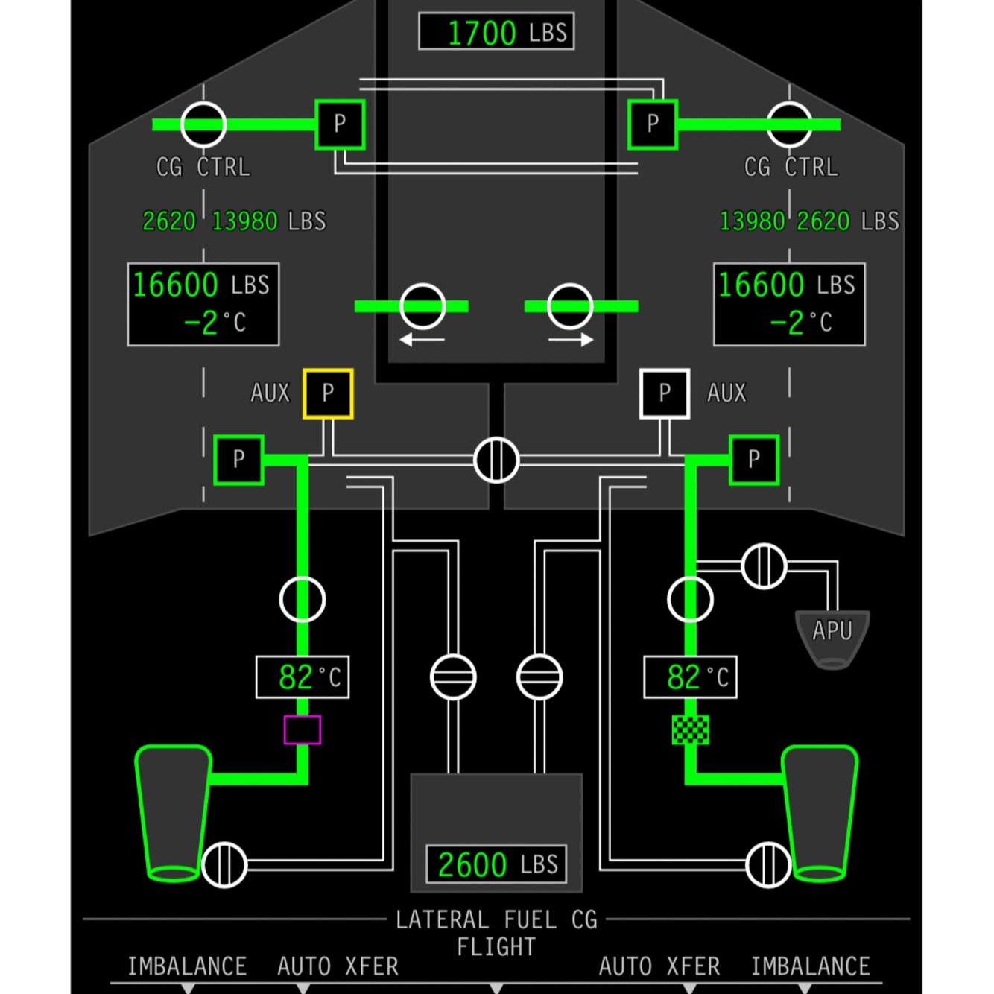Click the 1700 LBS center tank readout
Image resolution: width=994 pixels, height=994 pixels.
tap(496, 32)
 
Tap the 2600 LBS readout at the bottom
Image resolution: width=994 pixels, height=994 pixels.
tap(496, 864)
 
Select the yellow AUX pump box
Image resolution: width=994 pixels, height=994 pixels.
tap(328, 393)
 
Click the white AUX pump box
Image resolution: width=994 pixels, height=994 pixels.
tap(665, 393)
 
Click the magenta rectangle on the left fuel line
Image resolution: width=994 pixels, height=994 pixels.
tap(303, 729)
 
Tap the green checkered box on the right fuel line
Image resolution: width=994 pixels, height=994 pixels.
tap(691, 729)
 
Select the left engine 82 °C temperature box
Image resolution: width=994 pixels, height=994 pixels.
tap(303, 677)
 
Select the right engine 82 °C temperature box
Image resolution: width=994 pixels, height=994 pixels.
tap(691, 677)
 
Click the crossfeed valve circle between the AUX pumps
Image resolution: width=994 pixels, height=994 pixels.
tap(496, 460)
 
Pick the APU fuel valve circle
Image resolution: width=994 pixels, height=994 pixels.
tap(764, 566)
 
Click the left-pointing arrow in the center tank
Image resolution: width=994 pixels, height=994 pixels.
tap(422, 340)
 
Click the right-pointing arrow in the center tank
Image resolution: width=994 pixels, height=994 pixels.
tap(571, 340)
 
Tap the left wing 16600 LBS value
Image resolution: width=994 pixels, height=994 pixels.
tap(176, 285)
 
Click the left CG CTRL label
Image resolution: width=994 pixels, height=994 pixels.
tap(203, 167)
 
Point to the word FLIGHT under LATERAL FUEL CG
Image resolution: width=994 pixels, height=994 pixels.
tap(496, 947)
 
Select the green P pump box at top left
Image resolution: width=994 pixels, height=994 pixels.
tap(340, 124)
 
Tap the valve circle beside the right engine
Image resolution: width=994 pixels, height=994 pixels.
tap(768, 864)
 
